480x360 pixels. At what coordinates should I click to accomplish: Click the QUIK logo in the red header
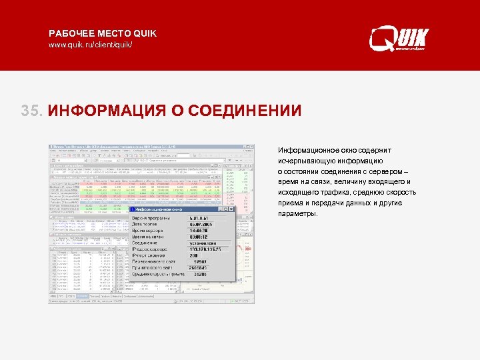tap(399, 39)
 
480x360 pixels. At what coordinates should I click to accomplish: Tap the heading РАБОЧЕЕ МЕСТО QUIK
tap(103, 33)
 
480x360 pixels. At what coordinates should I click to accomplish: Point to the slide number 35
tap(31, 110)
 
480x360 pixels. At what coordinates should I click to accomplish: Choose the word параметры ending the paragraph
tap(298, 214)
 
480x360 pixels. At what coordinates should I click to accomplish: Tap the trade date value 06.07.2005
tap(200, 225)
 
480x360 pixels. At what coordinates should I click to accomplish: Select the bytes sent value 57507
tap(200, 262)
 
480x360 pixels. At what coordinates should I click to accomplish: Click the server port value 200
tap(194, 255)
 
